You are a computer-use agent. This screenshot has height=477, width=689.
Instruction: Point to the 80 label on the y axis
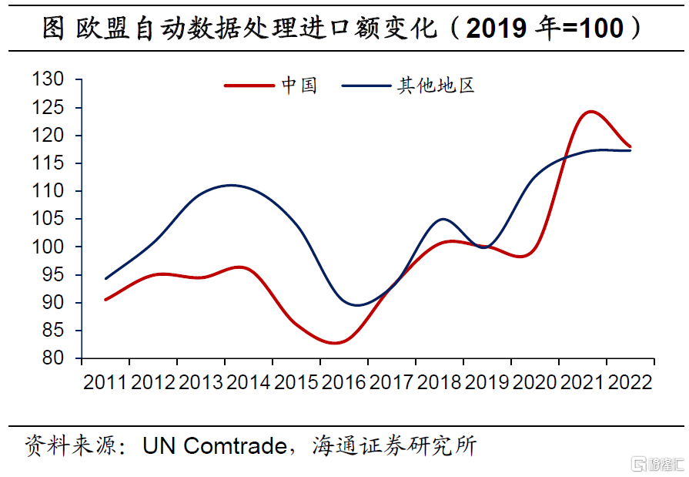[52, 358]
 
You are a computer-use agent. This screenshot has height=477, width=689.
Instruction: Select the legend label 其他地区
[435, 86]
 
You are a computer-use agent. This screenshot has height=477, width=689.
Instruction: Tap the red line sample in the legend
[248, 86]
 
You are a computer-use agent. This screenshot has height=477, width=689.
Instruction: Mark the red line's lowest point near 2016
[334, 343]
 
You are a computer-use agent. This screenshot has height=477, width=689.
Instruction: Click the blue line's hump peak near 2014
[231, 185]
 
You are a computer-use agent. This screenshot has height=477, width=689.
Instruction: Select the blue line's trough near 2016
[356, 305]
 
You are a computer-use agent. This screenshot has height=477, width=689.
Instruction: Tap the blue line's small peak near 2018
[443, 219]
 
